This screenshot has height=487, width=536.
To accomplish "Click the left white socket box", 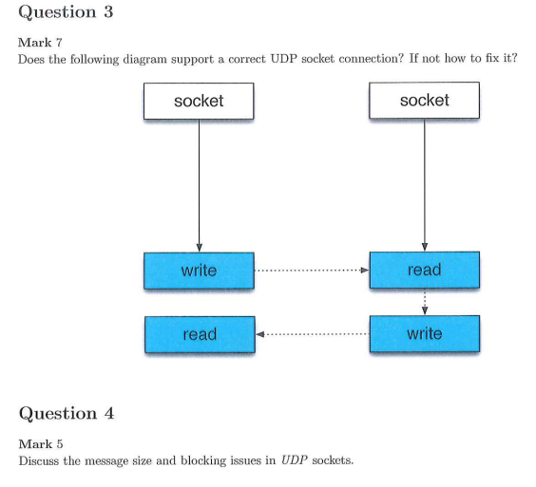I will point(199,101).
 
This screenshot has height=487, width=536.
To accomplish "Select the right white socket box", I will point(424,101).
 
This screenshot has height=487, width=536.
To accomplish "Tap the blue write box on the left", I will point(199,271).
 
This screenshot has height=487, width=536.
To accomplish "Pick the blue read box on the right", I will point(424,271).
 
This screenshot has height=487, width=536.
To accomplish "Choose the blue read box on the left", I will point(199,334).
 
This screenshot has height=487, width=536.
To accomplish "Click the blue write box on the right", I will point(424,334).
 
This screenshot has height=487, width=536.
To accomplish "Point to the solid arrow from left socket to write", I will point(199,185).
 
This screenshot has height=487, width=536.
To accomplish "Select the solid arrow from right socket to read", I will point(424,185).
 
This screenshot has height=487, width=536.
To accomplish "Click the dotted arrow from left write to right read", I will point(311,271).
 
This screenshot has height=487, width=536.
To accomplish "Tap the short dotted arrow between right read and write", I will point(424,302).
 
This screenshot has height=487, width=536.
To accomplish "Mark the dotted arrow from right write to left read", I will point(311,334).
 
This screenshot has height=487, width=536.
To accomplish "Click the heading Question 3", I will point(59,12).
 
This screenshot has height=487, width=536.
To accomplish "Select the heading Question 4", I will point(67,414).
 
